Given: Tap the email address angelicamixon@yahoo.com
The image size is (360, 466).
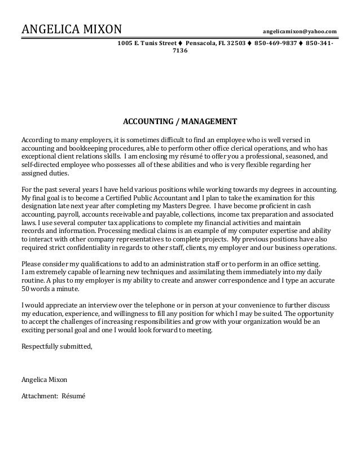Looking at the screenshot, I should click(300, 30).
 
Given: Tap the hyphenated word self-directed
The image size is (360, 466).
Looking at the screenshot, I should click(40, 166).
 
